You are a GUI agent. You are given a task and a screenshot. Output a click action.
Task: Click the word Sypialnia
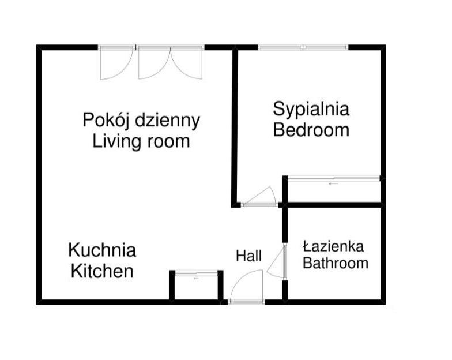point(311,108)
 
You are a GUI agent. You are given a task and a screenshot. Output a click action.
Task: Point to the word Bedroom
point(311,129)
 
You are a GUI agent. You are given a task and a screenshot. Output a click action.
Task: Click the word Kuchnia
point(102,250)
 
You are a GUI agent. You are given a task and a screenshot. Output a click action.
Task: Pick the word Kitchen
point(102,271)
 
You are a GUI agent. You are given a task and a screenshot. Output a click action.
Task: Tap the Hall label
point(248,256)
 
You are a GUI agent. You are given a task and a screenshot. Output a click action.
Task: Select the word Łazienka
point(334,247)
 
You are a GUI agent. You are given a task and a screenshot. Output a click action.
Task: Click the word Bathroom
point(335,264)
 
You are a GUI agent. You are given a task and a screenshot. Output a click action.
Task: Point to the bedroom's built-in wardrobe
point(334,190)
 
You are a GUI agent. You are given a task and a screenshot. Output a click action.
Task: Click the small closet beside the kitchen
point(197,285)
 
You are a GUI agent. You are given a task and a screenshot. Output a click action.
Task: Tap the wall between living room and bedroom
point(235,127)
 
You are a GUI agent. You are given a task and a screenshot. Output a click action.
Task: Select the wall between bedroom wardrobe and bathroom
point(333,205)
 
